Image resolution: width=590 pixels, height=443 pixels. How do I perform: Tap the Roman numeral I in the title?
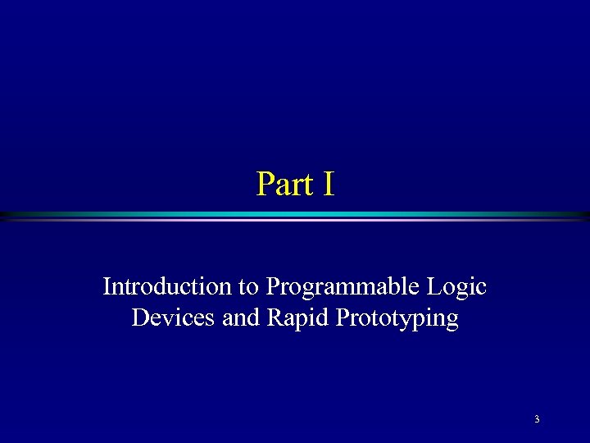[329, 185]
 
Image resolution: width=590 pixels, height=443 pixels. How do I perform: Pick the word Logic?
[457, 288]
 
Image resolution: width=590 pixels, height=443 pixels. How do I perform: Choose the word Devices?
[173, 317]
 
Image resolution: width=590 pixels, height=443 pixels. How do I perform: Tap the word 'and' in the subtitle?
[241, 317]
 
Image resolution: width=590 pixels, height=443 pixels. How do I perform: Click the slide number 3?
[537, 420]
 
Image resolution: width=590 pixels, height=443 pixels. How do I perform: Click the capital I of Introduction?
[107, 286]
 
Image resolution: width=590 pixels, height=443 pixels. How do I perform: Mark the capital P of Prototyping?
[342, 317]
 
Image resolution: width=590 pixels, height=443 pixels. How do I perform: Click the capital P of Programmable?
[272, 286]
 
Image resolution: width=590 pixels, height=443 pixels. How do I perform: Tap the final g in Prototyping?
[452, 321]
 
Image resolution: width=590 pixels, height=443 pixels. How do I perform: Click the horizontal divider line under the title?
[295, 216]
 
